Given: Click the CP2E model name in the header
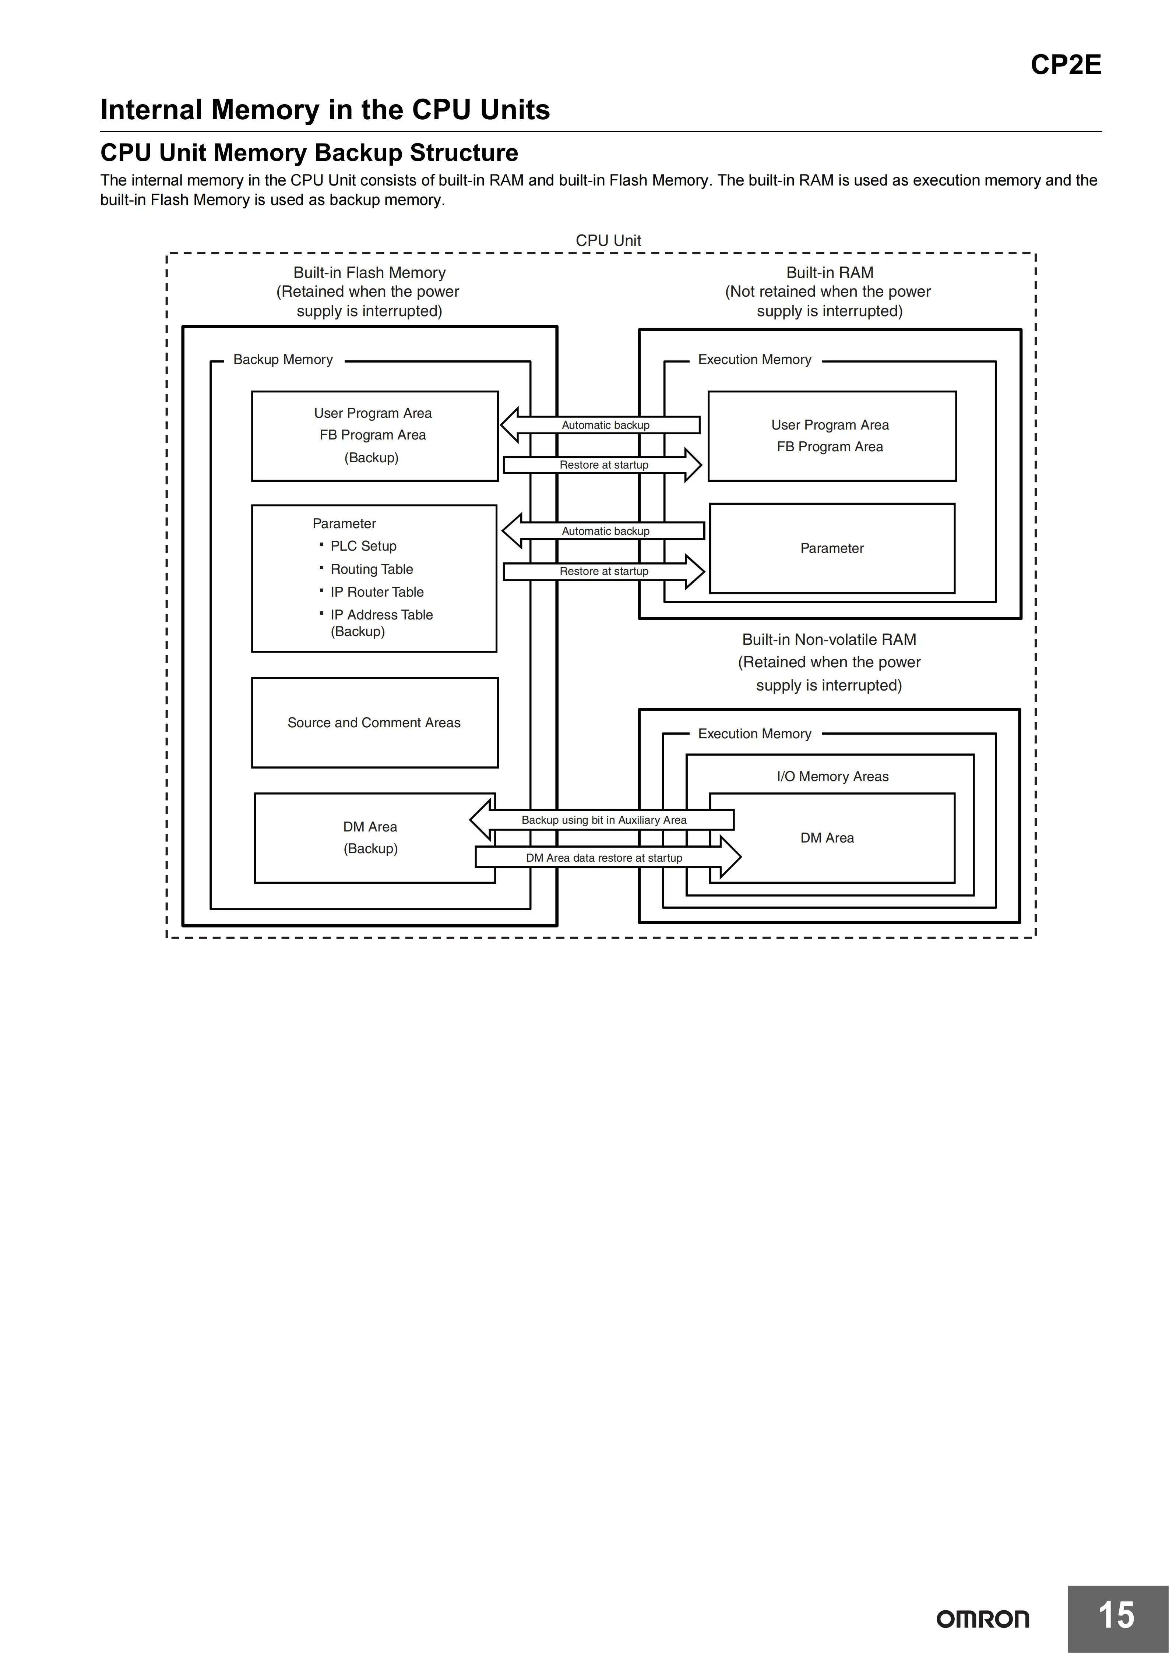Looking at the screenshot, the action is [x=1065, y=65].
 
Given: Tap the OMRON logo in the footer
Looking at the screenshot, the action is [x=982, y=1619].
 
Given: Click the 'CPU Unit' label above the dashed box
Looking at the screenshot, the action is [x=608, y=240].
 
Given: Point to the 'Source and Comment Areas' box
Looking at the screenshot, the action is [x=374, y=723].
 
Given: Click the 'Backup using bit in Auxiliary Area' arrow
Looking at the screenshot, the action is [x=602, y=820].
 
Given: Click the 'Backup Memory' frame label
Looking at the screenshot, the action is [x=283, y=359].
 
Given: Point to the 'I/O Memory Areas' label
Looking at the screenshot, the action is [x=832, y=776].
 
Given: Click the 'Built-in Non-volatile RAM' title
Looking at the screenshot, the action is [x=829, y=639].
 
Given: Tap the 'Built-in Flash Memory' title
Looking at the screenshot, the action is [x=370, y=272].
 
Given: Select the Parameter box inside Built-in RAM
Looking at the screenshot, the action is [x=832, y=548].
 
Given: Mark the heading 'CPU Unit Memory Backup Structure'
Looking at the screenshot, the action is [x=309, y=153].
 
